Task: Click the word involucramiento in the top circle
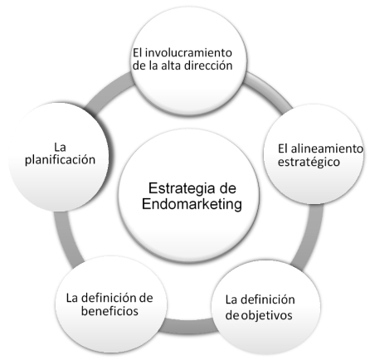pos(188,52)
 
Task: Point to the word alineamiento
pos(327,148)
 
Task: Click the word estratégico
pos(309,162)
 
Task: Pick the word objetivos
pos(266,315)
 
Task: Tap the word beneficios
pos(110,311)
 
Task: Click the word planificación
pos(60,160)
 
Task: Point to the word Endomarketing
pos(192,204)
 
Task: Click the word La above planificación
pos(60,147)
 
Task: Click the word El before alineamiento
pos(283,148)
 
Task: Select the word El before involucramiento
pos(137,52)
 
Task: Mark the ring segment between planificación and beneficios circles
pos(64,238)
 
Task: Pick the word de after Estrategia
pos(226,188)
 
